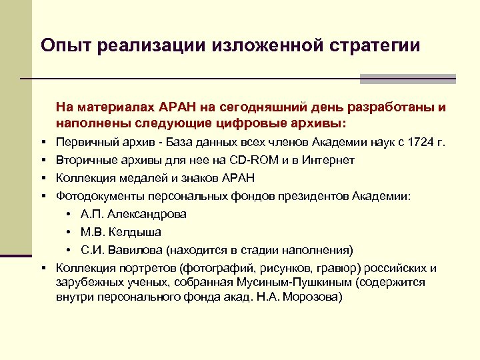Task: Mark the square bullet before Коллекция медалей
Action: (42, 178)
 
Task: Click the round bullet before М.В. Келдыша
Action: (69, 232)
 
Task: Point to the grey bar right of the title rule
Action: (407, 79)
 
